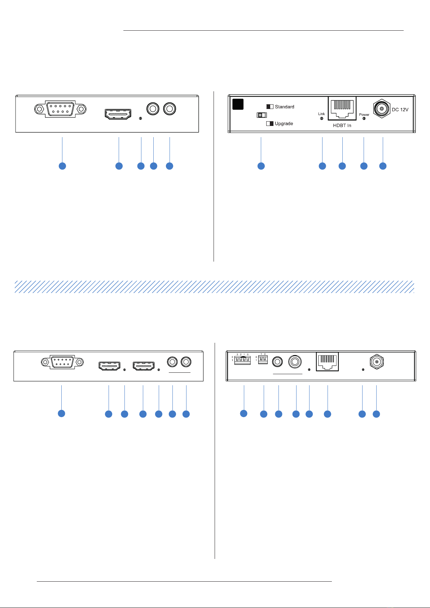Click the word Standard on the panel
pyautogui.click(x=284, y=107)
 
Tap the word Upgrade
pyautogui.click(x=284, y=123)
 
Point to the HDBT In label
pyautogui.click(x=342, y=126)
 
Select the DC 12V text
pyautogui.click(x=400, y=110)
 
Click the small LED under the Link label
pyautogui.click(x=322, y=118)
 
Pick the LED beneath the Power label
pyautogui.click(x=364, y=119)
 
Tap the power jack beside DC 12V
pyautogui.click(x=382, y=108)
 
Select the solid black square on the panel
pyautogui.click(x=238, y=104)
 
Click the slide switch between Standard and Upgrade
pyautogui.click(x=262, y=115)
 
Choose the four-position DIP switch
pyautogui.click(x=242, y=360)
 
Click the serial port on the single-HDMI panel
pyautogui.click(x=61, y=109)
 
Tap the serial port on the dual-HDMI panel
pyautogui.click(x=62, y=362)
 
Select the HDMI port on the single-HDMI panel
pyautogui.click(x=118, y=114)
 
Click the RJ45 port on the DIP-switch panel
pyautogui.click(x=327, y=362)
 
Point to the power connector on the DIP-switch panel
pyautogui.click(x=376, y=362)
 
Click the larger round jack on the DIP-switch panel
pyautogui.click(x=295, y=362)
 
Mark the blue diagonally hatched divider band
pyautogui.click(x=214, y=286)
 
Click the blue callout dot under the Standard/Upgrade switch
pyautogui.click(x=261, y=166)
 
